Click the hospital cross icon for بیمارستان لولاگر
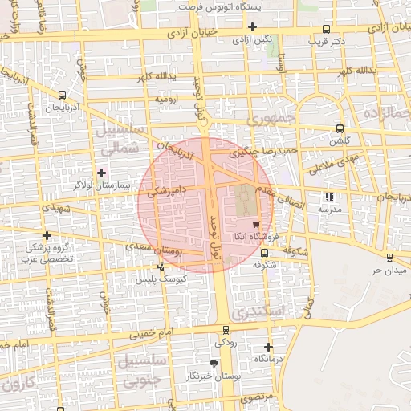pyautogui.click(x=101, y=172)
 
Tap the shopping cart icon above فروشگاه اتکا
pyautogui.click(x=255, y=224)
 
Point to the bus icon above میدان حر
pyautogui.click(x=389, y=258)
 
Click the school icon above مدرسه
pyautogui.click(x=328, y=197)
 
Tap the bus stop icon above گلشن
pyautogui.click(x=340, y=128)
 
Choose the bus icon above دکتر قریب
pyautogui.click(x=326, y=29)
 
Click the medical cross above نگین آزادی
pyautogui.click(x=252, y=26)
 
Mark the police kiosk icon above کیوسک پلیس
pyautogui.click(x=161, y=267)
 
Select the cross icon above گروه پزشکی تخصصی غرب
pyautogui.click(x=47, y=236)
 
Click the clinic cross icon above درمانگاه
pyautogui.click(x=268, y=348)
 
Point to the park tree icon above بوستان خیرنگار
pyautogui.click(x=213, y=364)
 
